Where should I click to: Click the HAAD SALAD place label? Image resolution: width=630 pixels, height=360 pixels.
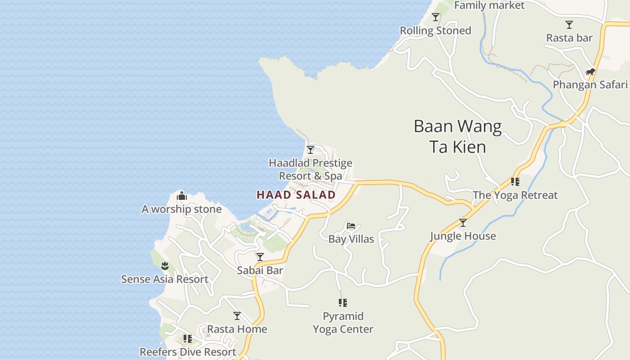[296, 195]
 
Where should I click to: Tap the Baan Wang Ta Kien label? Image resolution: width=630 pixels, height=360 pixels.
[458, 136]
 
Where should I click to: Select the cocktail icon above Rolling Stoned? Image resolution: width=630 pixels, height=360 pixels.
[436, 17]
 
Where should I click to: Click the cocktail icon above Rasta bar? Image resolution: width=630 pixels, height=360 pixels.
[569, 25]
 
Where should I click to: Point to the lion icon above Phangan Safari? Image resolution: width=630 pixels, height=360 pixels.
[590, 72]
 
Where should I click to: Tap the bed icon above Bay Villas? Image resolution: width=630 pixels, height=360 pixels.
[351, 226]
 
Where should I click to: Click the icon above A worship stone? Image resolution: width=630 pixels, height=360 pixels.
[182, 196]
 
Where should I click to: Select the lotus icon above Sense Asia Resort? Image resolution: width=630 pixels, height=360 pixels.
[165, 265]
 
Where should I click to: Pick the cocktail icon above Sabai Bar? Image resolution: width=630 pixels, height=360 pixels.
[260, 257]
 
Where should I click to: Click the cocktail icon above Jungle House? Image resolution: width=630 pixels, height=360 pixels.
[463, 223]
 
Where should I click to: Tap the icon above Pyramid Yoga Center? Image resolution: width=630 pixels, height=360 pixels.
[343, 303]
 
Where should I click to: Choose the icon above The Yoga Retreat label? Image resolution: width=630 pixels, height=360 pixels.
[515, 182]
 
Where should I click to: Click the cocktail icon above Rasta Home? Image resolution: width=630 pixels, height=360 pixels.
[237, 316]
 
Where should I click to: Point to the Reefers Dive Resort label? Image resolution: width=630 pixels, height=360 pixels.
[188, 352]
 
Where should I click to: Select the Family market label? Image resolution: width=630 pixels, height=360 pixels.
[489, 5]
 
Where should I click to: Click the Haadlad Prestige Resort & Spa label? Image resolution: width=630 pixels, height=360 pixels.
[310, 169]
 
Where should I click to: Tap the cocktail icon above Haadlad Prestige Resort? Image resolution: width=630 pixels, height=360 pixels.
[310, 150]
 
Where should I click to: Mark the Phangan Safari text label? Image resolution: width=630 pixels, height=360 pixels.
[590, 85]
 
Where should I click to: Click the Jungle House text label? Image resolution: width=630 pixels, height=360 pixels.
[463, 236]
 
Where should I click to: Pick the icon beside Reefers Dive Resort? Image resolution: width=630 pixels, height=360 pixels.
[188, 338]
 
